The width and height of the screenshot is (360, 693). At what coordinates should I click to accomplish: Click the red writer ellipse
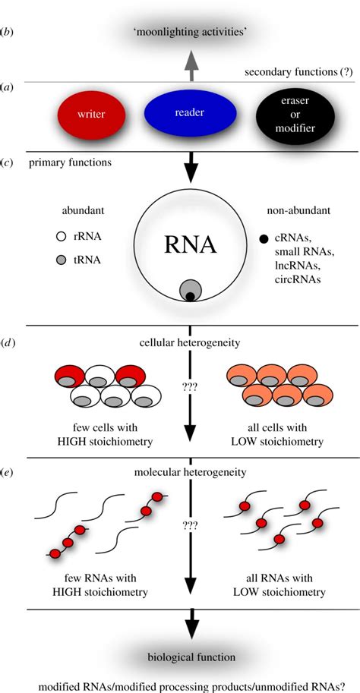coord(92,116)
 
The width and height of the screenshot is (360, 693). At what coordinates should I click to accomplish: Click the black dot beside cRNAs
coord(263,239)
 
